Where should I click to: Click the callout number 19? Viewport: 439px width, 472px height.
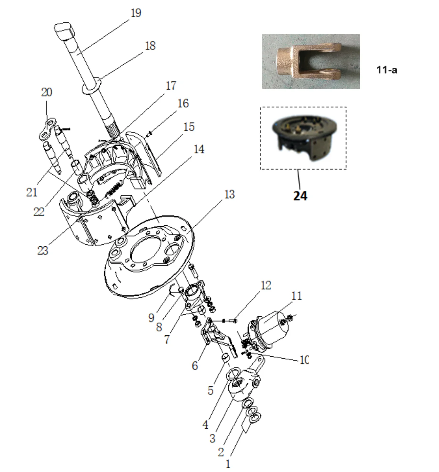click(x=136, y=13)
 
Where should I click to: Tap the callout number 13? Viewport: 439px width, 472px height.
click(x=229, y=195)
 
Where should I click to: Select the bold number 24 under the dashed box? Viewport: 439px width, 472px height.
click(x=300, y=196)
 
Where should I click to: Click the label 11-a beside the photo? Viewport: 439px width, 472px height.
click(x=386, y=70)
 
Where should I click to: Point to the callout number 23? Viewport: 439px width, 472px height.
click(x=43, y=251)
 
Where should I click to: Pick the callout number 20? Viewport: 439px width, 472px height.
click(x=47, y=92)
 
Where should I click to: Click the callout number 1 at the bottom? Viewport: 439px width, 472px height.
click(x=228, y=464)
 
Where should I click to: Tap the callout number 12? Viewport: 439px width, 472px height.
click(x=266, y=286)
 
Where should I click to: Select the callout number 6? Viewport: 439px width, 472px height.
click(x=195, y=366)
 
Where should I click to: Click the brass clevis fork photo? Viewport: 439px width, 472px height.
click(x=311, y=62)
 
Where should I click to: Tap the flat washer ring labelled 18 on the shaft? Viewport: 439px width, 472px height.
click(x=91, y=86)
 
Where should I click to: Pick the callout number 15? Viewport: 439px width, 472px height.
click(x=189, y=127)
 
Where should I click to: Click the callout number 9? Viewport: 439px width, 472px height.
click(x=151, y=318)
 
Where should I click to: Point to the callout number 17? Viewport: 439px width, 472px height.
click(x=171, y=86)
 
